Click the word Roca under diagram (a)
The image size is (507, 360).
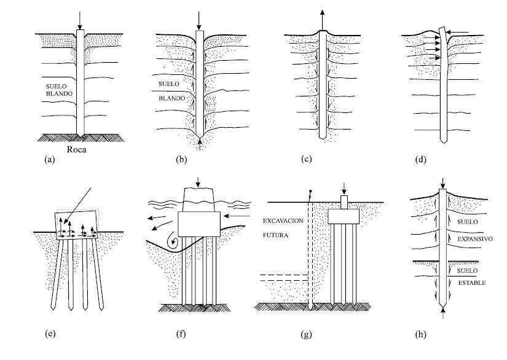click(80, 148)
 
